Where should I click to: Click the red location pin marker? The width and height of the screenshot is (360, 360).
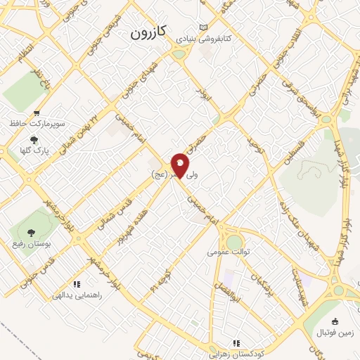(x=180, y=165)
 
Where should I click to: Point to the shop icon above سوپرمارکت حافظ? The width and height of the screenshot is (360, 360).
(x=37, y=112)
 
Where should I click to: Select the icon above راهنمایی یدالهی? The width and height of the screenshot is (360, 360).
(x=76, y=284)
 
